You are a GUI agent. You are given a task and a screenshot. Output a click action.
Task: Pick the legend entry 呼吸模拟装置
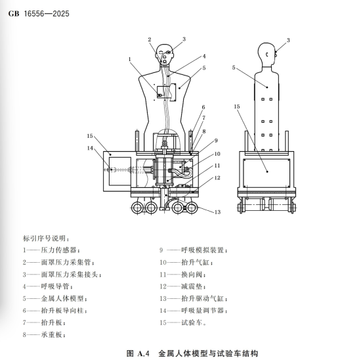click(x=200, y=250)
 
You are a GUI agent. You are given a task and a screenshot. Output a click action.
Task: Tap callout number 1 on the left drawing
click(x=131, y=60)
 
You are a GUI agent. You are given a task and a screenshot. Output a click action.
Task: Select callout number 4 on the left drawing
click(x=204, y=56)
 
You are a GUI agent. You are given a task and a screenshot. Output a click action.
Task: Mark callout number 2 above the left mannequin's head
click(x=150, y=39)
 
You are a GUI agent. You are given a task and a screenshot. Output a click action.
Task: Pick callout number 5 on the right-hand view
click(x=234, y=67)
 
